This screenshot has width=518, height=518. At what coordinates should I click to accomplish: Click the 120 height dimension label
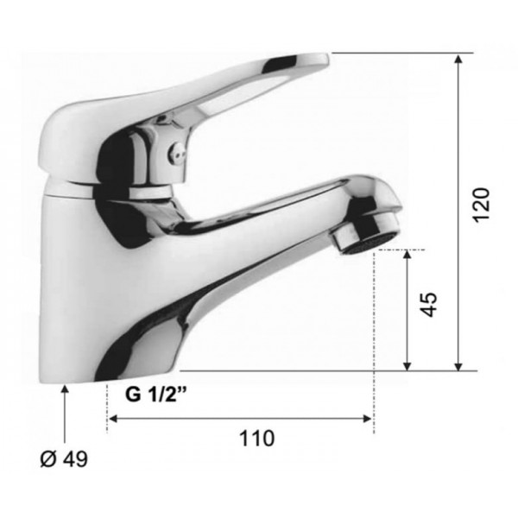click(x=481, y=205)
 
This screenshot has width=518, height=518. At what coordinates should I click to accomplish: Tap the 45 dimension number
click(x=429, y=304)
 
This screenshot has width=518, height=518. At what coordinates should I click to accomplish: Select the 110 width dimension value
click(x=256, y=439)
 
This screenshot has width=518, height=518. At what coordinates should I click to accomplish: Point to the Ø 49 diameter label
click(x=64, y=458)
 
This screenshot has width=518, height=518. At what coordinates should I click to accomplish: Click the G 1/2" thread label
click(x=156, y=394)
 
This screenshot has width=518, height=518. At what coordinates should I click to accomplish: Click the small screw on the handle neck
click(x=175, y=151)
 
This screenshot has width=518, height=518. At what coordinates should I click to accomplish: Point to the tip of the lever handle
click(x=328, y=58)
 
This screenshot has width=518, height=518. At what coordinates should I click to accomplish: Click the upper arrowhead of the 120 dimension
click(x=458, y=59)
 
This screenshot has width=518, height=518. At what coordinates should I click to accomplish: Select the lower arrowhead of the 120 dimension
click(x=458, y=366)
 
